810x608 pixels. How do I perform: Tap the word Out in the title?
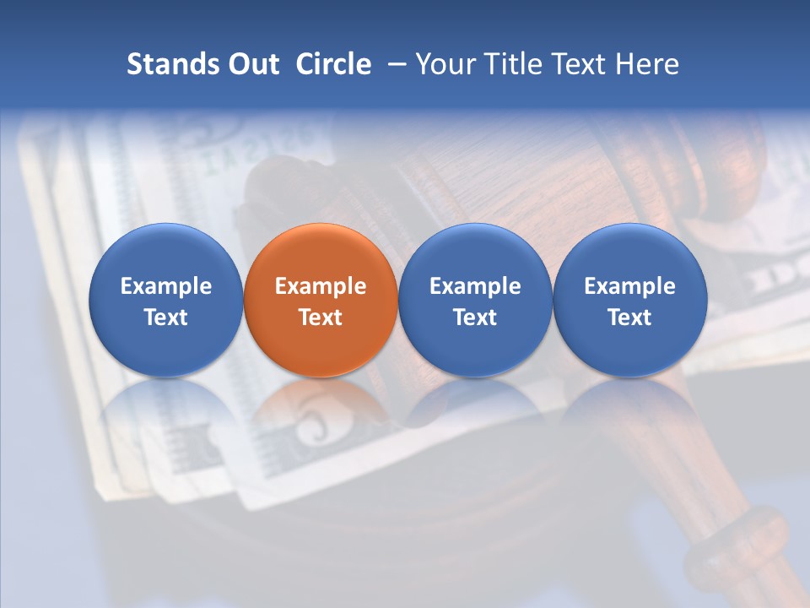pyautogui.click(x=251, y=64)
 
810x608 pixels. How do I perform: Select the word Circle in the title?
pyautogui.click(x=333, y=64)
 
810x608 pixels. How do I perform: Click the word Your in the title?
pyautogui.click(x=443, y=64)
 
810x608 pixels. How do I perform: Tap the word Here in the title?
pyautogui.click(x=647, y=64)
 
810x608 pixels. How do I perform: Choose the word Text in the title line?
pyautogui.click(x=580, y=64)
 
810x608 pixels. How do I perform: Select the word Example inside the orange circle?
pyautogui.click(x=321, y=286)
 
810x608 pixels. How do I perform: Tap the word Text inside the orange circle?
pyautogui.click(x=321, y=318)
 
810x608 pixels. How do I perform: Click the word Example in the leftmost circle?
pyautogui.click(x=166, y=286)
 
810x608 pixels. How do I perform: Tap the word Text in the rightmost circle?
pyautogui.click(x=630, y=318)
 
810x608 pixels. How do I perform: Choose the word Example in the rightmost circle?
pyautogui.click(x=630, y=286)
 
